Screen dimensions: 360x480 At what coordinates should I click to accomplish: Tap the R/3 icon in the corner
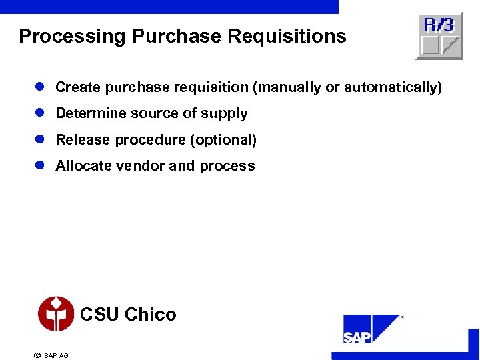tap(439, 36)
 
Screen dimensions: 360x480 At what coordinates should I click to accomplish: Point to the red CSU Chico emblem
tap(56, 314)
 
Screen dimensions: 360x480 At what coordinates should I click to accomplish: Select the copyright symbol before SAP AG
tap(37, 355)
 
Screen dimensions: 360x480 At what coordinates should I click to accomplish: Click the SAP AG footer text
tap(56, 355)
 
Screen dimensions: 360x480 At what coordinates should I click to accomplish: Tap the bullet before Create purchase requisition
tap(40, 87)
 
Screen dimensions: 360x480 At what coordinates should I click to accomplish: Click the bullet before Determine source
tap(40, 113)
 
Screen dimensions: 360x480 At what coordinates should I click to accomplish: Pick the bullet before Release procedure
tap(40, 140)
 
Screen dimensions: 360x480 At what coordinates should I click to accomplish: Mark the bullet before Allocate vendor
tap(40, 166)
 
